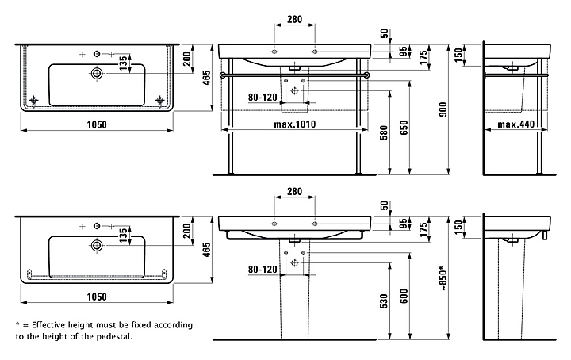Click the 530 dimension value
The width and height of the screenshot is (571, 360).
(384, 301)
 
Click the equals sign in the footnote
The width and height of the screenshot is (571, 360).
(27, 325)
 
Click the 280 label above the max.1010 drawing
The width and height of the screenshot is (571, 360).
(295, 18)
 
